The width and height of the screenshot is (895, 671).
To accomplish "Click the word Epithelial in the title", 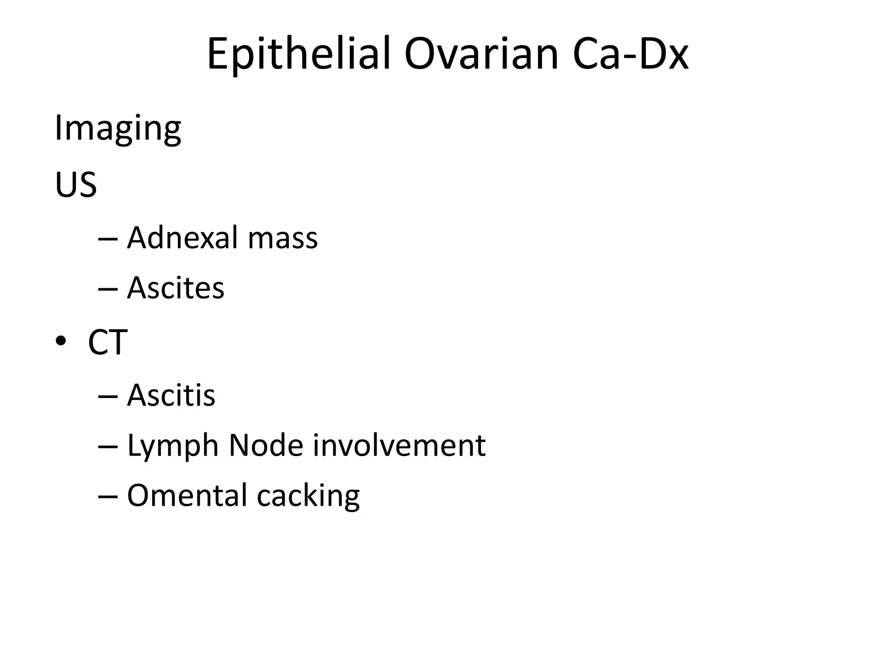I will [x=298, y=54].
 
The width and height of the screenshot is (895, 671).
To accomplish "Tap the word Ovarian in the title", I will [x=481, y=54].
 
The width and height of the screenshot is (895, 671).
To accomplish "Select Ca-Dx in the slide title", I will [x=630, y=54].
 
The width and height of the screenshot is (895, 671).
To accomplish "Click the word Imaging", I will [x=118, y=130].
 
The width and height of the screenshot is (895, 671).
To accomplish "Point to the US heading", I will [x=76, y=185].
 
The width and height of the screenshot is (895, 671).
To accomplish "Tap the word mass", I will [x=282, y=238].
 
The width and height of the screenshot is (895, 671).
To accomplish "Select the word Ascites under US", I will [x=175, y=288].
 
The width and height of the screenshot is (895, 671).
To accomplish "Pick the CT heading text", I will [x=108, y=342].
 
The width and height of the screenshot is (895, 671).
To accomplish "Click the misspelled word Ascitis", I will [x=171, y=395].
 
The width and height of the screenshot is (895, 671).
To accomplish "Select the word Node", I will [x=266, y=446].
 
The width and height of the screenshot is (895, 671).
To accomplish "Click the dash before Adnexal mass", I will [x=108, y=239].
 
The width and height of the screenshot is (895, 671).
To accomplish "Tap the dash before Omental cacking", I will [x=108, y=497].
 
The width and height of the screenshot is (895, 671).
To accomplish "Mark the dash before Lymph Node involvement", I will [x=108, y=447].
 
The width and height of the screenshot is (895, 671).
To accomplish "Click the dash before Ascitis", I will [x=108, y=397].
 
